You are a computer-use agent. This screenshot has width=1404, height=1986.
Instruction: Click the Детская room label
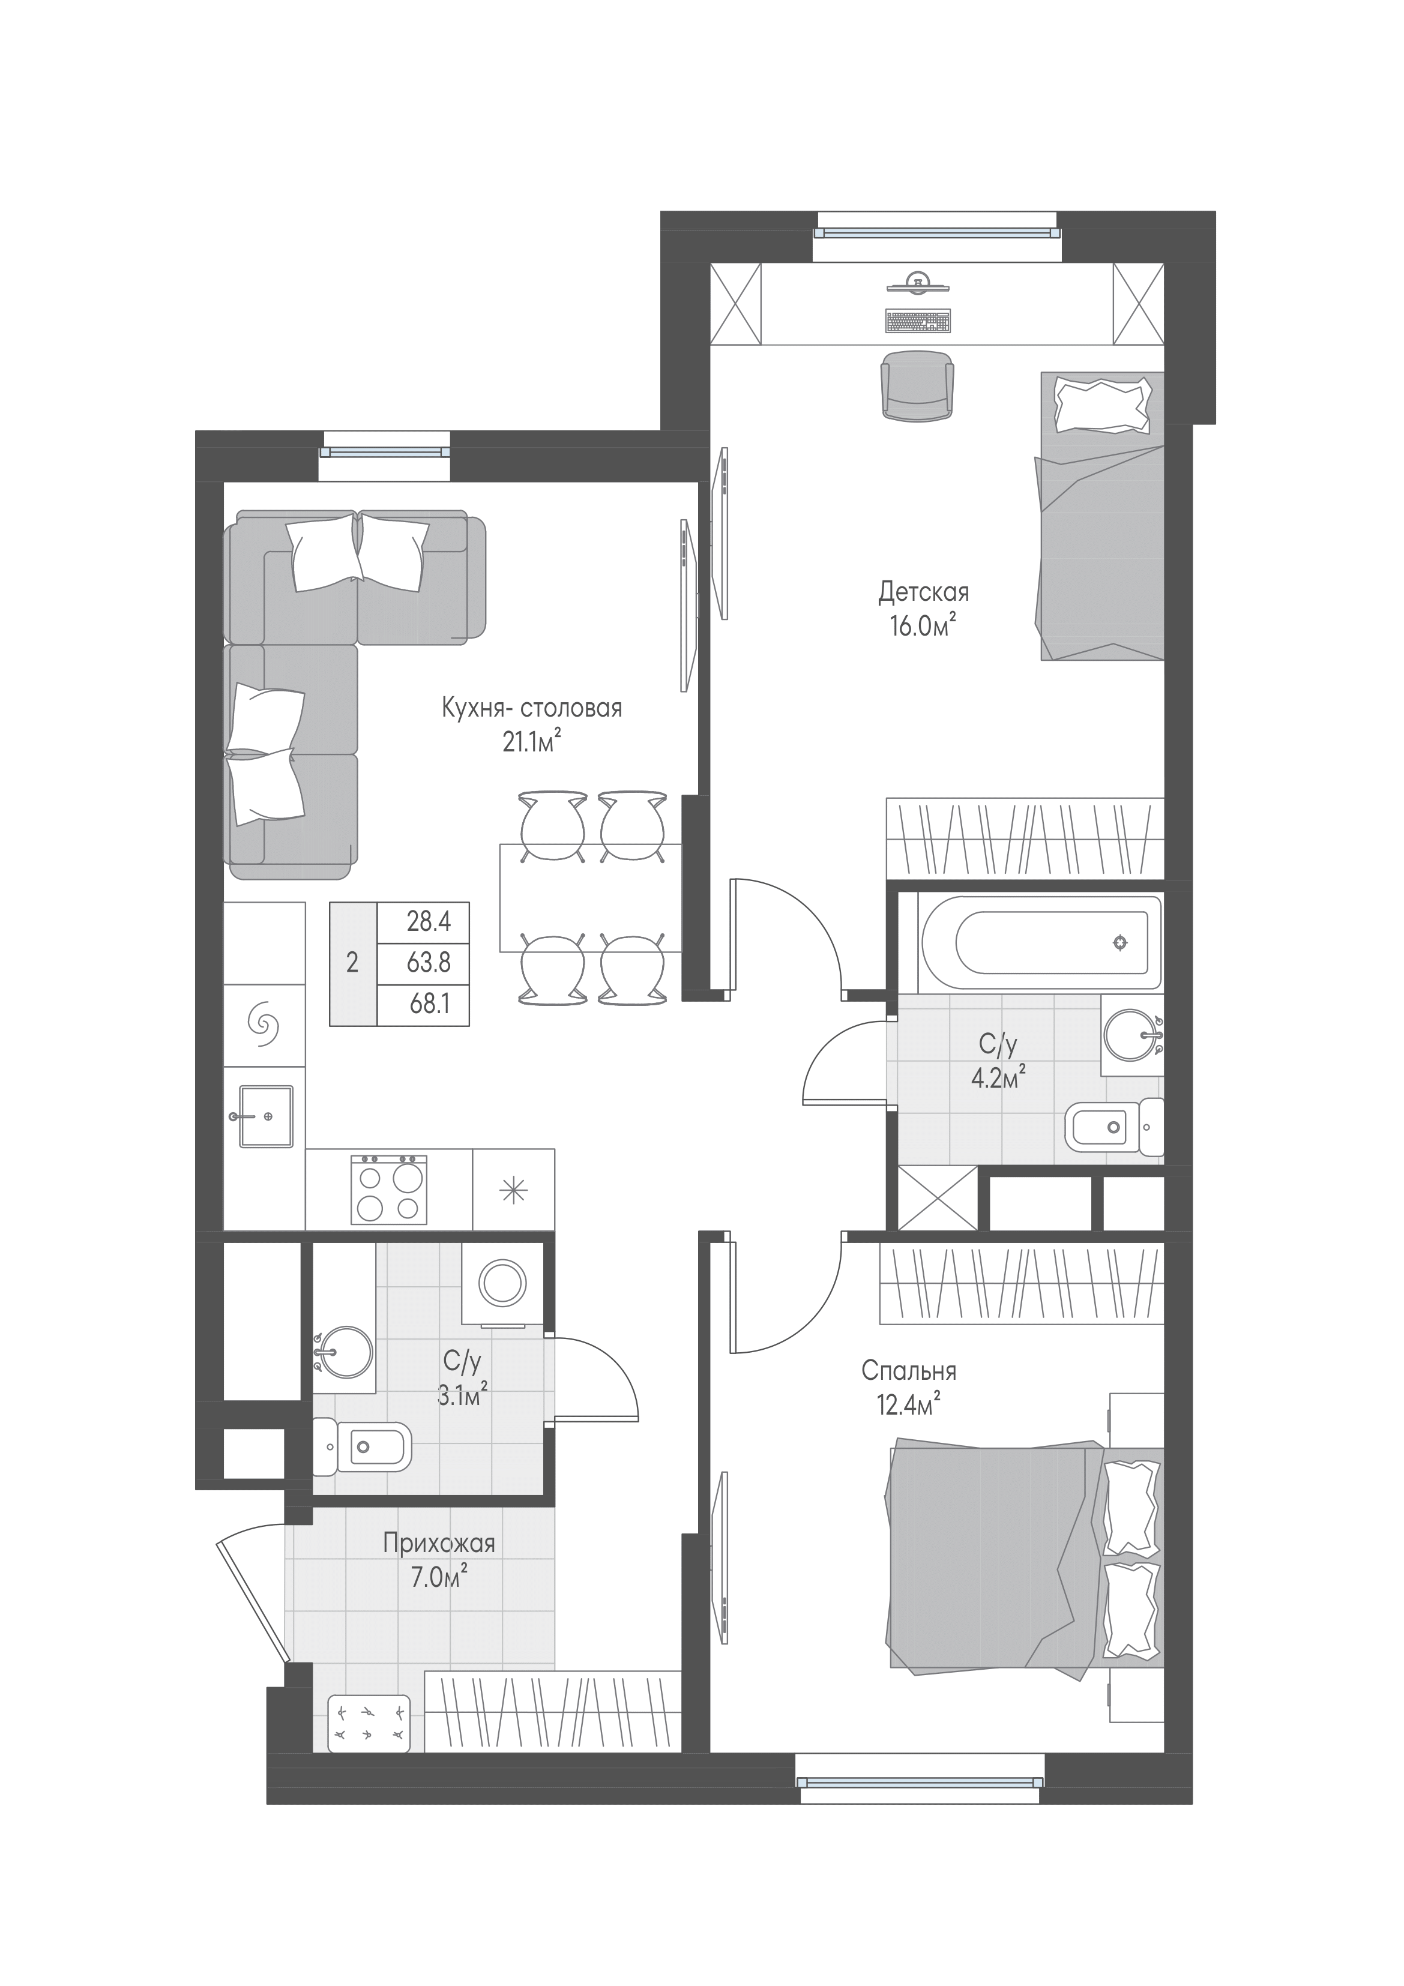923,592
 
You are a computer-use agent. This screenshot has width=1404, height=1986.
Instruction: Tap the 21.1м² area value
532,741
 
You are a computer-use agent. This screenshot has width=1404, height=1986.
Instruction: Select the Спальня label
908,1371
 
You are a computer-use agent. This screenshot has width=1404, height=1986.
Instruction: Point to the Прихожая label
439,1543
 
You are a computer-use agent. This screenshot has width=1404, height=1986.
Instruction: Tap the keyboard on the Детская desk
917,320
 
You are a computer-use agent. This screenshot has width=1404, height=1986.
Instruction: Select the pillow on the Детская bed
1103,403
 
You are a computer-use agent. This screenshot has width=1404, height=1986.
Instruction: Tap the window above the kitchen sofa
385,451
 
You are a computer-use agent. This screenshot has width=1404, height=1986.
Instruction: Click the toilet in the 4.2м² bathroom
1114,1127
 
